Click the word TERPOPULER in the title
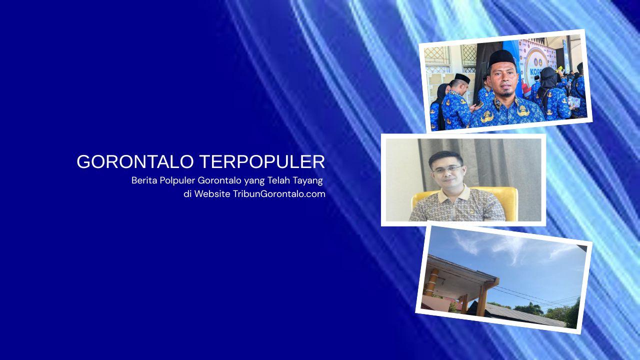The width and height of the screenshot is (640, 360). pyautogui.click(x=262, y=162)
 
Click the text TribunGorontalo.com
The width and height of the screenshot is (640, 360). pyautogui.click(x=279, y=194)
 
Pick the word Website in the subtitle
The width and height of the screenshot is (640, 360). pyautogui.click(x=212, y=194)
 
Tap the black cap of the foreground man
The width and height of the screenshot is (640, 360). pyautogui.click(x=501, y=57)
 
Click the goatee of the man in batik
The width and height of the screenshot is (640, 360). pyautogui.click(x=506, y=92)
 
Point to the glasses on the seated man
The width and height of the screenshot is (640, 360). pyautogui.click(x=446, y=169)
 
